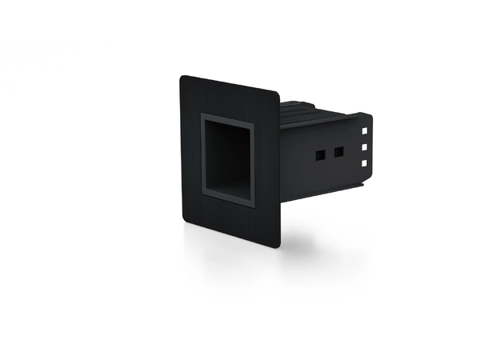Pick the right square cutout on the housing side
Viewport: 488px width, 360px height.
click(x=338, y=150)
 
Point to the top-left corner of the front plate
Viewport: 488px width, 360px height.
click(x=182, y=78)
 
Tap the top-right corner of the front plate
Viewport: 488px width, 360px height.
click(x=277, y=94)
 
